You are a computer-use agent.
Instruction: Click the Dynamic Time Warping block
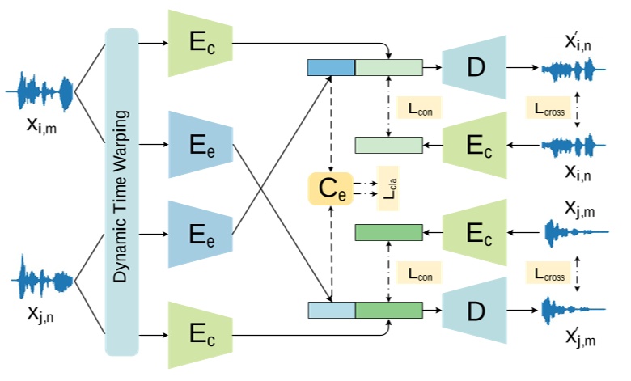122,192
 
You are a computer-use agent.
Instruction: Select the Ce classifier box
330,188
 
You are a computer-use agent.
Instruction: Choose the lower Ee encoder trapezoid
200,235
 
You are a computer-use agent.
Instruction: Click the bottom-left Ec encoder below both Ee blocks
200,335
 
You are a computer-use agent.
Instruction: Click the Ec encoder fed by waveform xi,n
474,145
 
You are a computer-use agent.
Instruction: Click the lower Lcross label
550,274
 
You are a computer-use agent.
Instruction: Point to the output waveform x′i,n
573,71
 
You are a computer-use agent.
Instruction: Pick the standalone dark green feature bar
389,233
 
